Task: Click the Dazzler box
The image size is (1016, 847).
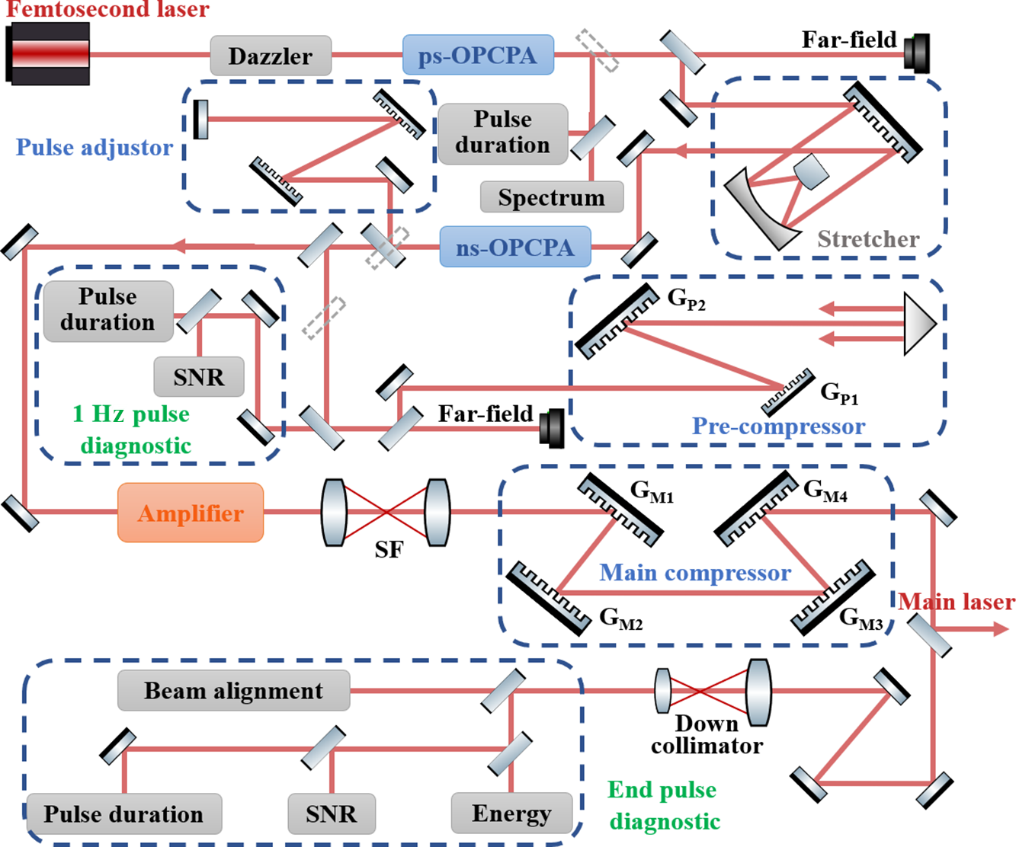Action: (x=271, y=56)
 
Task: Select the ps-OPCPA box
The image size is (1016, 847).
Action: (x=478, y=55)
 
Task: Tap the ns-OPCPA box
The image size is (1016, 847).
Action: (x=514, y=247)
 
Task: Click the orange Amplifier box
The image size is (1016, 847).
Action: (x=191, y=513)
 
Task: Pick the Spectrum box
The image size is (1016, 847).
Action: (x=551, y=197)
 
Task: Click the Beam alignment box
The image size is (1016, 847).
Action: (x=233, y=690)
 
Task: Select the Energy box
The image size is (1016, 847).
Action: (x=511, y=813)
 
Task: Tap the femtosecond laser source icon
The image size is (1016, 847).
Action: (x=48, y=53)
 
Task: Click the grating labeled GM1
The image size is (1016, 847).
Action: (x=620, y=510)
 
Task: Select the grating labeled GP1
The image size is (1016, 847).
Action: (x=788, y=392)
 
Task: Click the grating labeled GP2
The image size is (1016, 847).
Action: (x=617, y=320)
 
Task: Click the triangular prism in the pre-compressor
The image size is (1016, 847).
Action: (x=918, y=324)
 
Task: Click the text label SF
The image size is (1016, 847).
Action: (x=389, y=549)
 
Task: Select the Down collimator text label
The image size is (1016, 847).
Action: (x=707, y=734)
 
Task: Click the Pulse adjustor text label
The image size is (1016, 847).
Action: (x=95, y=147)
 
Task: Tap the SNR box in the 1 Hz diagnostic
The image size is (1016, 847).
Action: (x=199, y=377)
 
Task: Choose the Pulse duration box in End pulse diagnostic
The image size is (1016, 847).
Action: (x=123, y=813)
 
